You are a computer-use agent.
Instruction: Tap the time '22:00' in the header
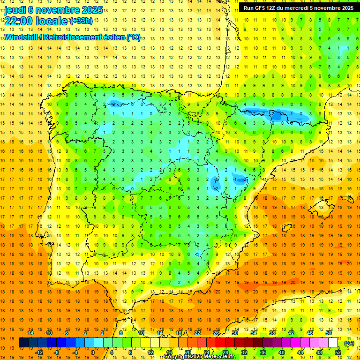pos(18,21)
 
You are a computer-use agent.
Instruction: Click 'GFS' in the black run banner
pos(262,8)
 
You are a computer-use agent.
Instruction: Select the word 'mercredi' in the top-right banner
pos(301,8)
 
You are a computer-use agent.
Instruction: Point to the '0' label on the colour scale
pos(93,352)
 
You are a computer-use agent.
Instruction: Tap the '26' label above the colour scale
pos(216,333)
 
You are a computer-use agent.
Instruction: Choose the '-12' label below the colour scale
pos(39,352)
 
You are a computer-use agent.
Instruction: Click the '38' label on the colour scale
pos(272,333)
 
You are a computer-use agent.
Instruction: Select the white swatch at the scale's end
pos(333,343)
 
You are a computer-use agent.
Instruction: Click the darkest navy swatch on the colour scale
pos(23,343)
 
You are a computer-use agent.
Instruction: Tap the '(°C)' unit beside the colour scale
pos(349,343)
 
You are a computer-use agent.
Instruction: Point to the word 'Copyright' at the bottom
pos(178,357)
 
